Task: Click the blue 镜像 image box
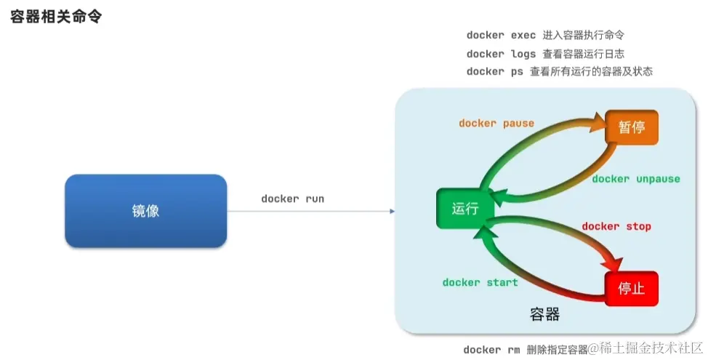click(145, 211)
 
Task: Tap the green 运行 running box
click(464, 209)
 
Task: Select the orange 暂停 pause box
click(631, 127)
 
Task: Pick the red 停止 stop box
click(631, 288)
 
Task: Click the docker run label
click(292, 199)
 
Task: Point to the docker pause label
click(496, 123)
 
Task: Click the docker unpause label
click(635, 179)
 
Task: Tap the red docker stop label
click(616, 226)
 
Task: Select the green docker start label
click(480, 282)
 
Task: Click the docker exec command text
click(501, 35)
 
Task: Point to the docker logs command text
click(501, 54)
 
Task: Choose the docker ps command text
click(494, 71)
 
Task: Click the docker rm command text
click(491, 350)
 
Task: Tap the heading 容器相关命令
click(55, 17)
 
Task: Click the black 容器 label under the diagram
click(544, 314)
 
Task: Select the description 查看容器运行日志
click(583, 54)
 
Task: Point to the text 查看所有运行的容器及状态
click(591, 71)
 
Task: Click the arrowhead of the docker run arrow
click(392, 211)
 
